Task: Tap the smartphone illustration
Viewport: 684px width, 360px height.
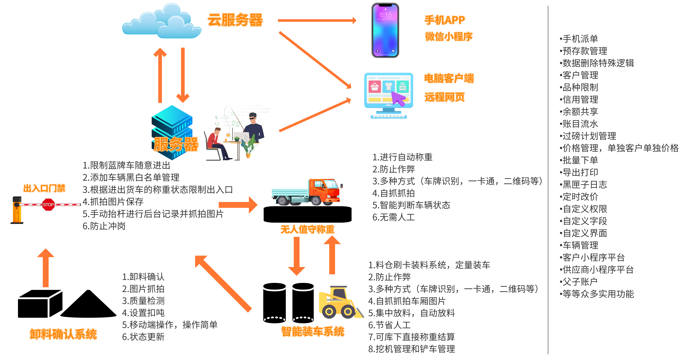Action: (x=385, y=31)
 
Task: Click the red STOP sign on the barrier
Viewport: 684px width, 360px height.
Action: (x=48, y=205)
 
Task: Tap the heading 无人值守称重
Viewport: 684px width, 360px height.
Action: (x=307, y=229)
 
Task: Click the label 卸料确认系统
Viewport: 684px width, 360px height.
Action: (x=63, y=334)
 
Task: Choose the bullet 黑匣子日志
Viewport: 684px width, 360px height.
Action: (x=584, y=184)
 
